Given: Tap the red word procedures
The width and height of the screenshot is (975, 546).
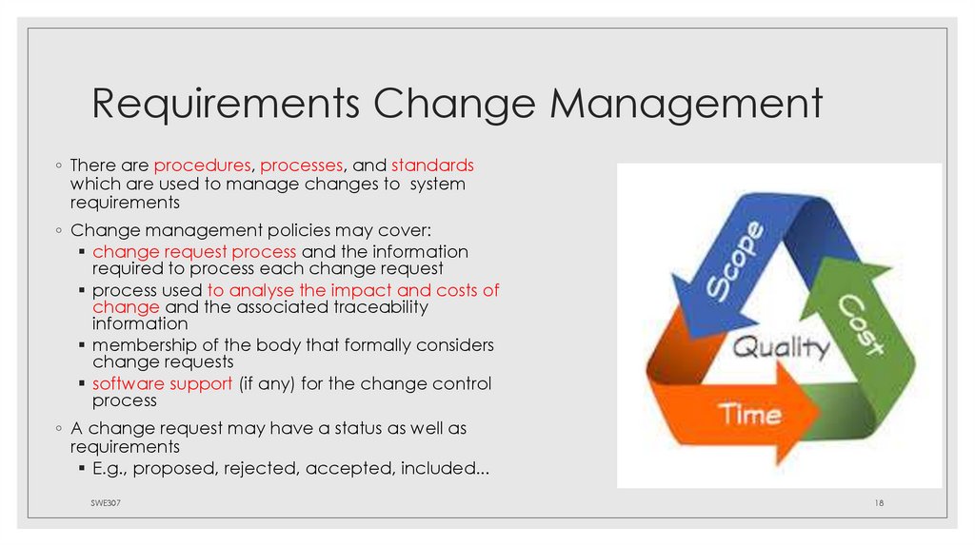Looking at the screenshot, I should click(x=203, y=166).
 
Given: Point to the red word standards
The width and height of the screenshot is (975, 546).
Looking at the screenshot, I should click(x=432, y=166).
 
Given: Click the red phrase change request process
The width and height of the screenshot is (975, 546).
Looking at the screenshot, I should click(x=195, y=252).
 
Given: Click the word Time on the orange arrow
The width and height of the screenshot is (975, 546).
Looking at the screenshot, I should click(x=749, y=413).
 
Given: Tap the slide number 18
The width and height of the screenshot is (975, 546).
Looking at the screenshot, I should click(x=880, y=500).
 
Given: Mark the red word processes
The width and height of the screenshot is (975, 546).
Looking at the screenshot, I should click(x=302, y=166).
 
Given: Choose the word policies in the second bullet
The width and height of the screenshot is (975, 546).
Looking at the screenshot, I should click(x=289, y=231).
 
